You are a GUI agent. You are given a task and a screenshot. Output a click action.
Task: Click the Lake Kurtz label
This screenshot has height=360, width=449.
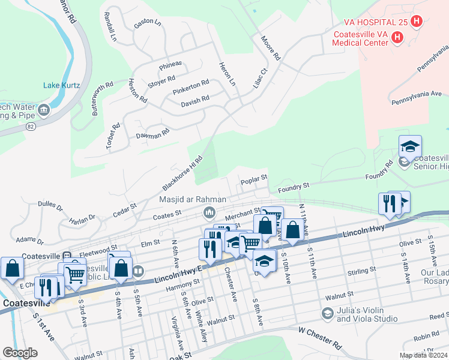(61, 85)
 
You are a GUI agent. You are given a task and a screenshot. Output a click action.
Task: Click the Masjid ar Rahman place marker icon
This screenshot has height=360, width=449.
(209, 212)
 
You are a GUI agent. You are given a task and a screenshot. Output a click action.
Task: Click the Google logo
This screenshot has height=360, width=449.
(20, 352)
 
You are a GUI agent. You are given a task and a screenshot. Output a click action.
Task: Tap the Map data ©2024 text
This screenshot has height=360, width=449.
(423, 355)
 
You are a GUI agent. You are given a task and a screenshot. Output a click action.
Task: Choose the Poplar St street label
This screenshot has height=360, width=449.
(253, 179)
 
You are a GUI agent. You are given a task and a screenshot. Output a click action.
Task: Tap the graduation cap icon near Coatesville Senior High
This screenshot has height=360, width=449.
(410, 146)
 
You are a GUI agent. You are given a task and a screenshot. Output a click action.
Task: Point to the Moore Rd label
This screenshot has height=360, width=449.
(270, 48)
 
